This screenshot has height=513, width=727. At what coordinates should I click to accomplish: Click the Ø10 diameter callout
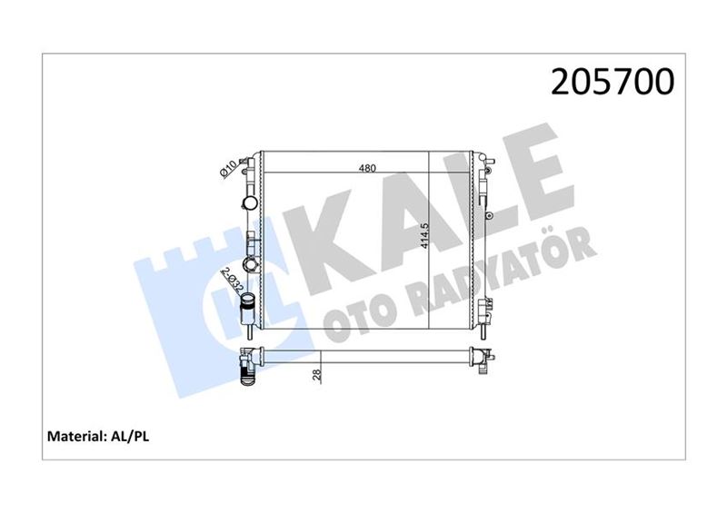click(229, 169)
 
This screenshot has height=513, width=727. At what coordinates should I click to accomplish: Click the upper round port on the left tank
click(248, 201)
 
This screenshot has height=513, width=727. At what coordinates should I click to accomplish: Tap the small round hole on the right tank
click(489, 215)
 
